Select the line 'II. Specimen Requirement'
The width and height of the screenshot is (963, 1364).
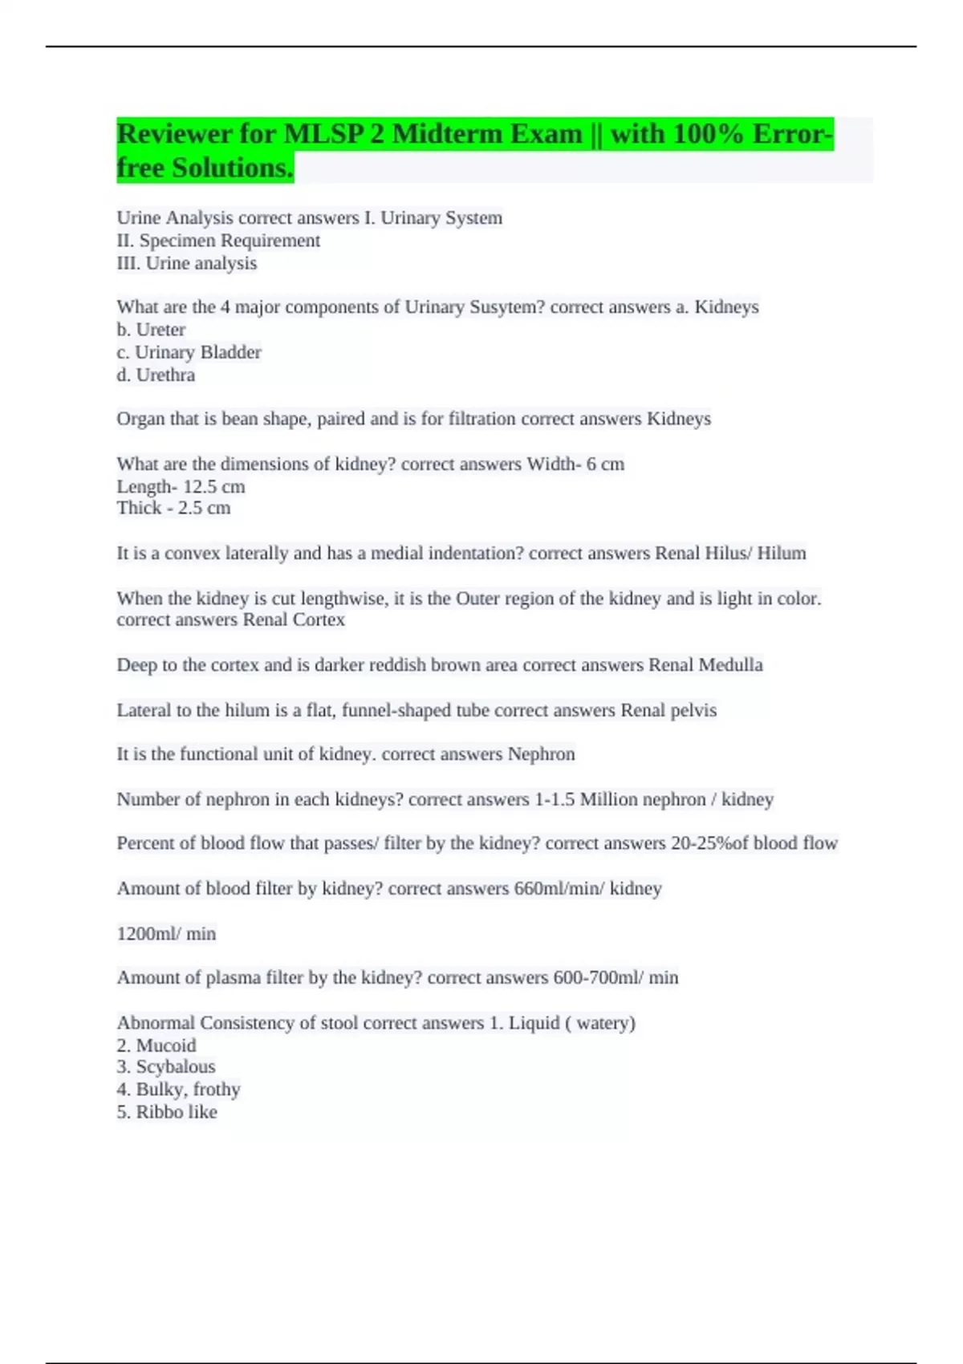click(x=218, y=241)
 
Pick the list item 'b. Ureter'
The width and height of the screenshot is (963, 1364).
click(x=151, y=330)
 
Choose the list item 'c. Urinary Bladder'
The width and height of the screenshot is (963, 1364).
click(x=189, y=352)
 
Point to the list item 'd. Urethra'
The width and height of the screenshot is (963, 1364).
click(x=156, y=375)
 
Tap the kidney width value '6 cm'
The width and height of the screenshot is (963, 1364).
click(x=605, y=465)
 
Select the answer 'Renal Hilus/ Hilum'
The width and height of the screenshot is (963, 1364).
click(x=730, y=554)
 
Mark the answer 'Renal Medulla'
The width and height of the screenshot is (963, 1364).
click(x=705, y=665)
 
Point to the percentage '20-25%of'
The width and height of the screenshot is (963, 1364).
click(x=709, y=843)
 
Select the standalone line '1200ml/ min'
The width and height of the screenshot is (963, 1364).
click(x=166, y=934)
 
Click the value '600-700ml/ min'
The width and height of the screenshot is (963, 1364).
click(x=616, y=978)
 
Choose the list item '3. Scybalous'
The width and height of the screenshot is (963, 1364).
click(x=166, y=1067)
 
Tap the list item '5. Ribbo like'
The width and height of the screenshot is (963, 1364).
click(x=167, y=1112)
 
